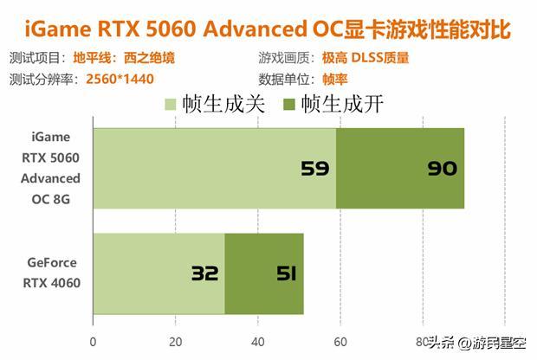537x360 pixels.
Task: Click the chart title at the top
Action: [x=268, y=29]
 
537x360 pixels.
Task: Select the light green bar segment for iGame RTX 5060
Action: [x=214, y=168]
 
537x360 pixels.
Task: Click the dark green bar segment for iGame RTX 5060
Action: [x=400, y=168]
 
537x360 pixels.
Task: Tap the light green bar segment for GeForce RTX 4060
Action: [x=159, y=273]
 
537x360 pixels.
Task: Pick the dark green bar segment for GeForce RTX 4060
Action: [x=264, y=273]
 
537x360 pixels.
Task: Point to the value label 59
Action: [x=315, y=168]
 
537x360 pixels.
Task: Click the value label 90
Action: [x=442, y=168]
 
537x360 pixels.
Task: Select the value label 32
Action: [x=204, y=273]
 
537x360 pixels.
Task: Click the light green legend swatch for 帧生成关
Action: [x=169, y=106]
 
